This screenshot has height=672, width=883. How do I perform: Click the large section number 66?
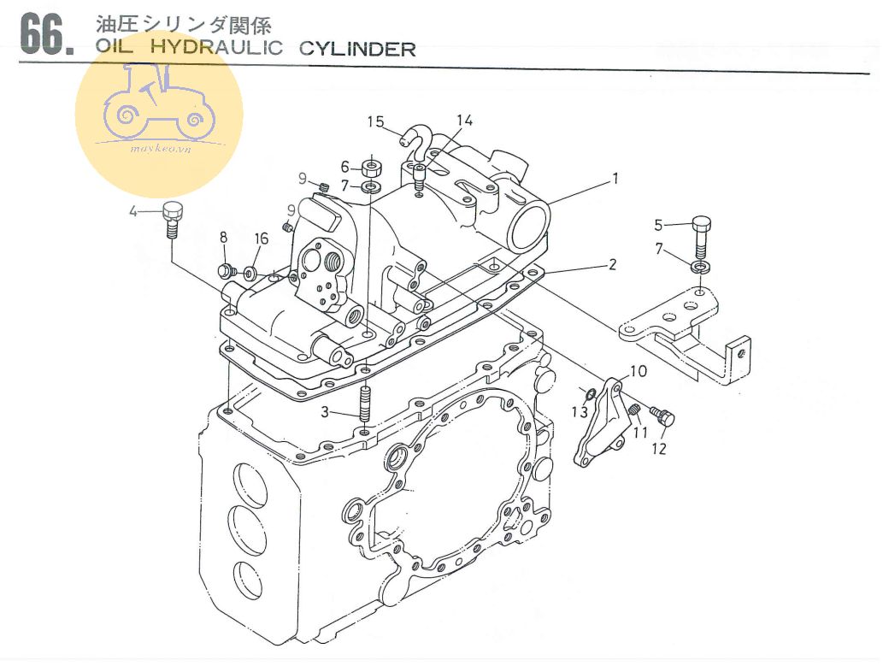(45, 35)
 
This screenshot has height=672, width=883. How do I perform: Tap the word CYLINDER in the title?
(358, 49)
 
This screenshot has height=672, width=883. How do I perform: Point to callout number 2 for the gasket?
(612, 265)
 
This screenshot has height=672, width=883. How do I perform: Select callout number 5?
(658, 225)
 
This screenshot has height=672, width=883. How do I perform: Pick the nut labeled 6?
(372, 165)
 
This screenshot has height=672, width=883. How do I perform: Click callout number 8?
(224, 237)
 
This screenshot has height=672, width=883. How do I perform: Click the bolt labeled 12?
(663, 417)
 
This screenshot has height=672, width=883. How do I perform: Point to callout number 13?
(580, 412)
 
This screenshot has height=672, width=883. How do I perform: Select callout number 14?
(463, 121)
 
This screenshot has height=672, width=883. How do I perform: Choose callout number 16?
(261, 239)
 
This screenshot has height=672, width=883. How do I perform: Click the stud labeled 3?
(365, 404)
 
